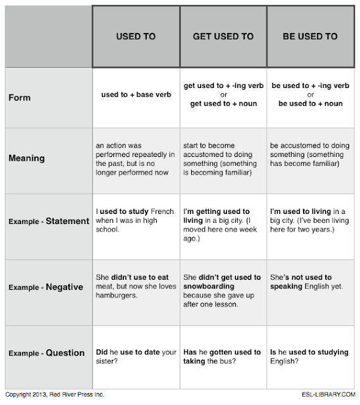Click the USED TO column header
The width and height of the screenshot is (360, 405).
tap(135, 36)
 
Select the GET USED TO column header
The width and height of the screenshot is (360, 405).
tap(223, 36)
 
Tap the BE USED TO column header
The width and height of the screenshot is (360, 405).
tap(310, 36)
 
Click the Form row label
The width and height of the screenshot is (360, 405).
tap(20, 97)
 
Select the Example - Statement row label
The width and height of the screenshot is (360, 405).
tap(49, 221)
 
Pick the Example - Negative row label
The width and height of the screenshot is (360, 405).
tap(46, 287)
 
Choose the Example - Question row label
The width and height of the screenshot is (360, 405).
tap(47, 352)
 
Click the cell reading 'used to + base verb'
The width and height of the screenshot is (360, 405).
tap(136, 95)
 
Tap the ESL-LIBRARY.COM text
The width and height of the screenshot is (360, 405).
tap(323, 394)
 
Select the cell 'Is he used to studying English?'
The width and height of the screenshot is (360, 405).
tap(309, 356)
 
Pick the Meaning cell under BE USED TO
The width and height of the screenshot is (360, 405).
tap(309, 155)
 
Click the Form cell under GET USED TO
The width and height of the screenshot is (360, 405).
tap(223, 94)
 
